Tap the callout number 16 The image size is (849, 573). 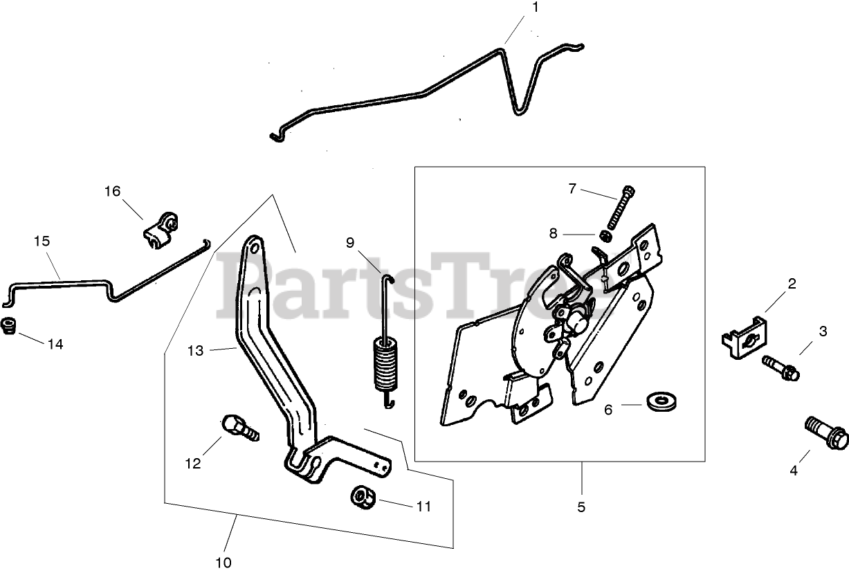[x=112, y=191]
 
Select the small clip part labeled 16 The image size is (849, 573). [x=161, y=229]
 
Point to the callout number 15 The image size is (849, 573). [x=42, y=242]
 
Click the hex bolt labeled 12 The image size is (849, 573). [x=239, y=427]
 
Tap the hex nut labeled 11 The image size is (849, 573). [x=362, y=495]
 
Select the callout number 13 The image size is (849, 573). [x=195, y=351]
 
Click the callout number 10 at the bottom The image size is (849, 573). [x=223, y=562]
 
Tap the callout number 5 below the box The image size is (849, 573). [x=581, y=507]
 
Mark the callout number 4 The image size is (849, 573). [x=794, y=471]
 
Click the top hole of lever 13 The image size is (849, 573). [x=254, y=246]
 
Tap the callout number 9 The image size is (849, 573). [x=350, y=242]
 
